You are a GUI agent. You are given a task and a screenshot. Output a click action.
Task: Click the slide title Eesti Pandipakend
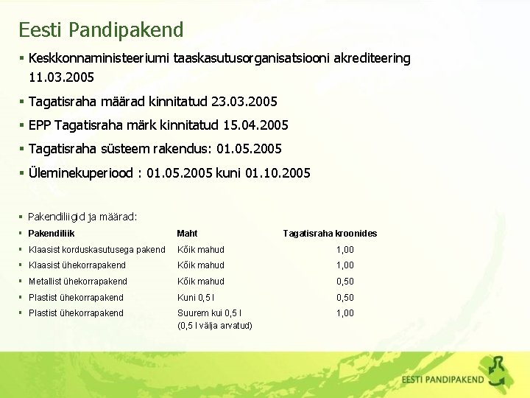click(101, 30)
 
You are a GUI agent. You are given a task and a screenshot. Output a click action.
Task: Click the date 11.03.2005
click(62, 76)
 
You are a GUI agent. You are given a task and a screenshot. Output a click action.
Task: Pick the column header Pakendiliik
click(52, 234)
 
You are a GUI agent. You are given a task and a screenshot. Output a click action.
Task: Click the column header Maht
click(187, 234)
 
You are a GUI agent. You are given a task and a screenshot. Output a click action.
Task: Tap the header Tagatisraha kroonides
click(330, 234)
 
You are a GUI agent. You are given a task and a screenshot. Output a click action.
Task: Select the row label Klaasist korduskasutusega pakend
click(96, 250)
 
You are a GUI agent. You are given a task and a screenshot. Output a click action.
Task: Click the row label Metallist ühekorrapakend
click(77, 282)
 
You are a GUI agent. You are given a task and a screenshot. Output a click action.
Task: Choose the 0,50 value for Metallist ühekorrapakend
click(344, 282)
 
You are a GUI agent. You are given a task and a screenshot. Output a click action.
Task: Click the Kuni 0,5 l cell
click(194, 298)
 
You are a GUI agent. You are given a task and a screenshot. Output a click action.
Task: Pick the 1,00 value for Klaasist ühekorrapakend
click(344, 265)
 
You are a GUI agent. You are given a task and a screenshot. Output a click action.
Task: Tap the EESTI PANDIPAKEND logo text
click(442, 380)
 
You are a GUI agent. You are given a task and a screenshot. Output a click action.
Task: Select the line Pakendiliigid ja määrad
click(82, 217)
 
